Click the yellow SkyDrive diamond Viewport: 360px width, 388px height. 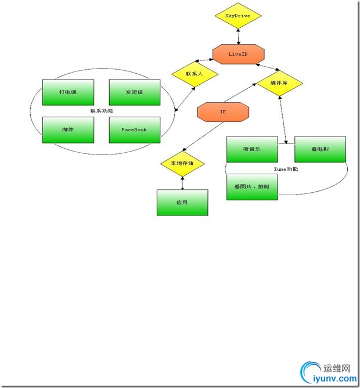[238, 16]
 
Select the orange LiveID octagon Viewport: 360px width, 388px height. [238, 53]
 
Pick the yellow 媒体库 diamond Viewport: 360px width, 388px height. [279, 84]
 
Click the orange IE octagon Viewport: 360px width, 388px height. [223, 112]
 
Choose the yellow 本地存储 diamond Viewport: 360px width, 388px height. [182, 164]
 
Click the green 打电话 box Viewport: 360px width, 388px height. [68, 92]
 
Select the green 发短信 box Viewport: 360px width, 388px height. [134, 92]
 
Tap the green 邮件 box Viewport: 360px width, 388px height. [68, 130]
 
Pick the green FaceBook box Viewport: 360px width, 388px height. [134, 130]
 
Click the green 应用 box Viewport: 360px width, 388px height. [182, 203]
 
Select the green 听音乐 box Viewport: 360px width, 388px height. [251, 150]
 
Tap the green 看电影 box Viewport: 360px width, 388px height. [320, 150]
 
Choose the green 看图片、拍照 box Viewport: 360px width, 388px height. [251, 186]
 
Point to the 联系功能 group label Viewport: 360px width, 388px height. [102, 111]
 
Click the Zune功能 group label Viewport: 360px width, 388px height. [286, 169]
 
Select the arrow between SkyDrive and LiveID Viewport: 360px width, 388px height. [238, 35]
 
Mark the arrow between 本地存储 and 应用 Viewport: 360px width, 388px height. [182, 182]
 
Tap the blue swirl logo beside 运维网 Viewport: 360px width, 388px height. [309, 372]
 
